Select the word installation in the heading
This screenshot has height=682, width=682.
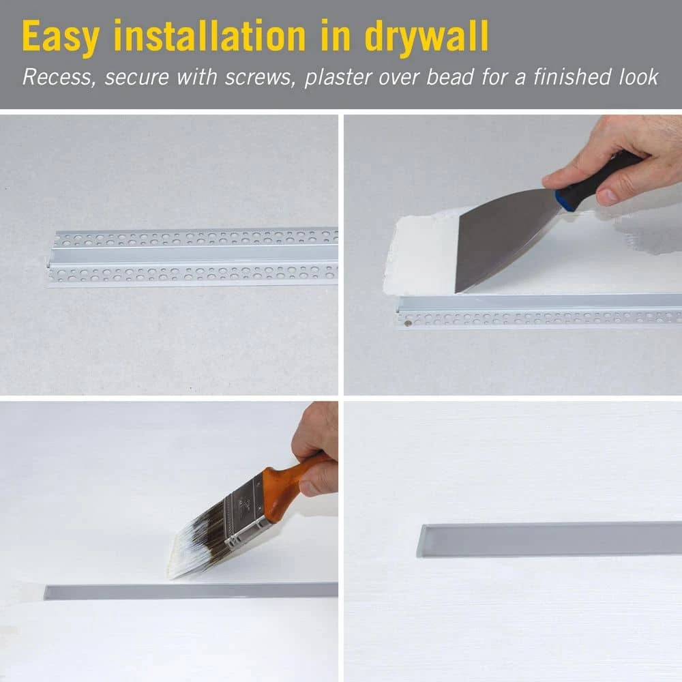[210, 35]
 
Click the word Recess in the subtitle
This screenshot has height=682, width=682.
[57, 78]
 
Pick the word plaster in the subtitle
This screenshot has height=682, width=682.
[338, 78]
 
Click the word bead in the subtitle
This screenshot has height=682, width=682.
[449, 77]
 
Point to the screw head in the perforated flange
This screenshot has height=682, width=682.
[408, 323]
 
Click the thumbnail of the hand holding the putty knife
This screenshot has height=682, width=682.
[609, 195]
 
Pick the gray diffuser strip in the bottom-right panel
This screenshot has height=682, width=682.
[549, 539]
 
